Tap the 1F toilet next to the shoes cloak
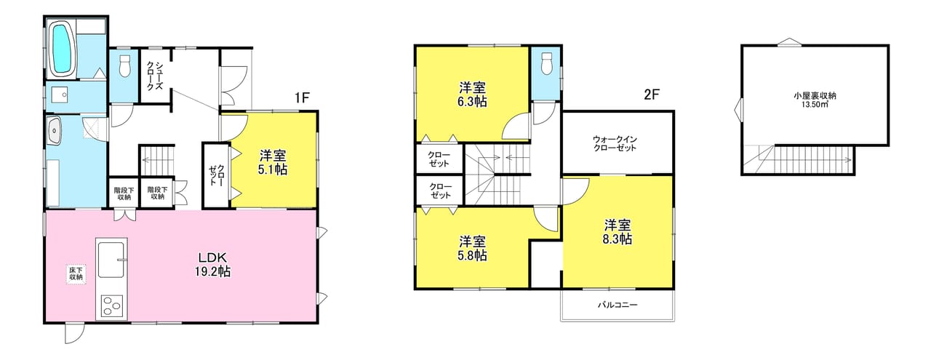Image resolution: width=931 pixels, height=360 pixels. [124, 65]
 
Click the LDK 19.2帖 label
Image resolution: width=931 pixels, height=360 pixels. [212, 265]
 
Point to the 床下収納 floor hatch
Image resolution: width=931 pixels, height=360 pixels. [76, 274]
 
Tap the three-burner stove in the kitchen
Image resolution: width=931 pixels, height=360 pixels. [112, 307]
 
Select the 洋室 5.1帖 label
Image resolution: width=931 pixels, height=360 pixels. [273, 162]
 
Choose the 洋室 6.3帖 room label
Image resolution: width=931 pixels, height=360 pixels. [472, 95]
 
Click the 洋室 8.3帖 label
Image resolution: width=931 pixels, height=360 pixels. [618, 232]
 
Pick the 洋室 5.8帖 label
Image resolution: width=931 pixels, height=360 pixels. [472, 248]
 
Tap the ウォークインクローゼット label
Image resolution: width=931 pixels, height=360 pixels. [615, 143]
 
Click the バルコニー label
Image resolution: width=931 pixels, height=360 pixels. [618, 305]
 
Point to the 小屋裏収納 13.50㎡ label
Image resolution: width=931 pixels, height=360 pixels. [815, 100]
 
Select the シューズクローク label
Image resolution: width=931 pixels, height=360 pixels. [153, 76]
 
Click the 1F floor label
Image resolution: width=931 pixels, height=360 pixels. [302, 97]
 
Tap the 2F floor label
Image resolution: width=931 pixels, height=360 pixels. [652, 95]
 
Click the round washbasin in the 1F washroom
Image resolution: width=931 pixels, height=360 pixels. [55, 130]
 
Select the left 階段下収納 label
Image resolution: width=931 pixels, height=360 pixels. [123, 193]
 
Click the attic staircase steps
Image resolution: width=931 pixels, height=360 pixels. [797, 160]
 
